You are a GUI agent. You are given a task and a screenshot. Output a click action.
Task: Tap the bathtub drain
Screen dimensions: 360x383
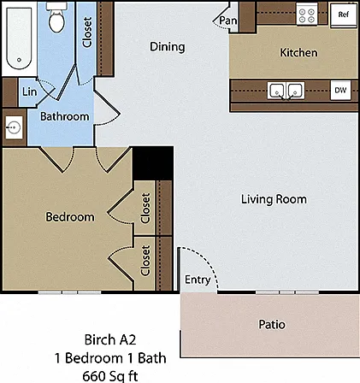pyautogui.click(x=19, y=60)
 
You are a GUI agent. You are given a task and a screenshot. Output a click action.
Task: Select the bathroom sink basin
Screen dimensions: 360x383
pyautogui.click(x=14, y=127)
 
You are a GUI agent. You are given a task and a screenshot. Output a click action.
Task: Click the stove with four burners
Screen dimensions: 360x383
pyautogui.click(x=307, y=15)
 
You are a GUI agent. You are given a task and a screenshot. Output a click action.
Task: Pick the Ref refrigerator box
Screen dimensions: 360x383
pyautogui.click(x=344, y=15)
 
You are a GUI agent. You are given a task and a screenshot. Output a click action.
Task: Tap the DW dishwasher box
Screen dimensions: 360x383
pyautogui.click(x=340, y=91)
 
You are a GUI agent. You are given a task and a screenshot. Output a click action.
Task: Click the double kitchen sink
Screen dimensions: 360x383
pyautogui.click(x=286, y=91)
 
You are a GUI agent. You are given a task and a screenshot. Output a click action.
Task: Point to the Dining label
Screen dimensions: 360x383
pyautogui.click(x=168, y=47)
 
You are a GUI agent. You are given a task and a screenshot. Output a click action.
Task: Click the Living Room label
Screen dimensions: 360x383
pyautogui.click(x=274, y=199)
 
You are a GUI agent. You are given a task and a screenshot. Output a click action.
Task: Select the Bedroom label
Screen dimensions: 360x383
pyautogui.click(x=70, y=217)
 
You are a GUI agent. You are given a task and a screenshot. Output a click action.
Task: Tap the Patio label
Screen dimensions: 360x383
pyautogui.click(x=272, y=324)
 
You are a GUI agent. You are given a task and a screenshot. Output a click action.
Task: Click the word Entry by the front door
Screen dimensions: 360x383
pyautogui.click(x=198, y=280)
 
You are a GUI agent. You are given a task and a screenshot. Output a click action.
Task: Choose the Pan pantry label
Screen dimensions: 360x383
pyautogui.click(x=227, y=21)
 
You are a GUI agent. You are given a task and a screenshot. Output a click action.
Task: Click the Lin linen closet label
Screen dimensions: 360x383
pyautogui.click(x=30, y=91)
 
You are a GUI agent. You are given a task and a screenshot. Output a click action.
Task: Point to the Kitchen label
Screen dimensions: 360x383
pyautogui.click(x=298, y=53)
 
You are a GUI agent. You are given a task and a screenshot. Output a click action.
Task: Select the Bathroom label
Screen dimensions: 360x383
pyautogui.click(x=65, y=116)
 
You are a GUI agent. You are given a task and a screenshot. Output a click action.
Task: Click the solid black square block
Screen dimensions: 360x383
pyautogui.click(x=153, y=163)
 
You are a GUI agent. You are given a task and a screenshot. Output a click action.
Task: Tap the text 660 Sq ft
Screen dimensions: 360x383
pyautogui.click(x=110, y=375)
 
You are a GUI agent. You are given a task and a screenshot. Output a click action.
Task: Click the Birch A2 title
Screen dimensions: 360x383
pyautogui.click(x=110, y=339)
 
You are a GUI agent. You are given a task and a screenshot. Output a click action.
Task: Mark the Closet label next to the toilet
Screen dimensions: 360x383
pyautogui.click(x=87, y=32)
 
